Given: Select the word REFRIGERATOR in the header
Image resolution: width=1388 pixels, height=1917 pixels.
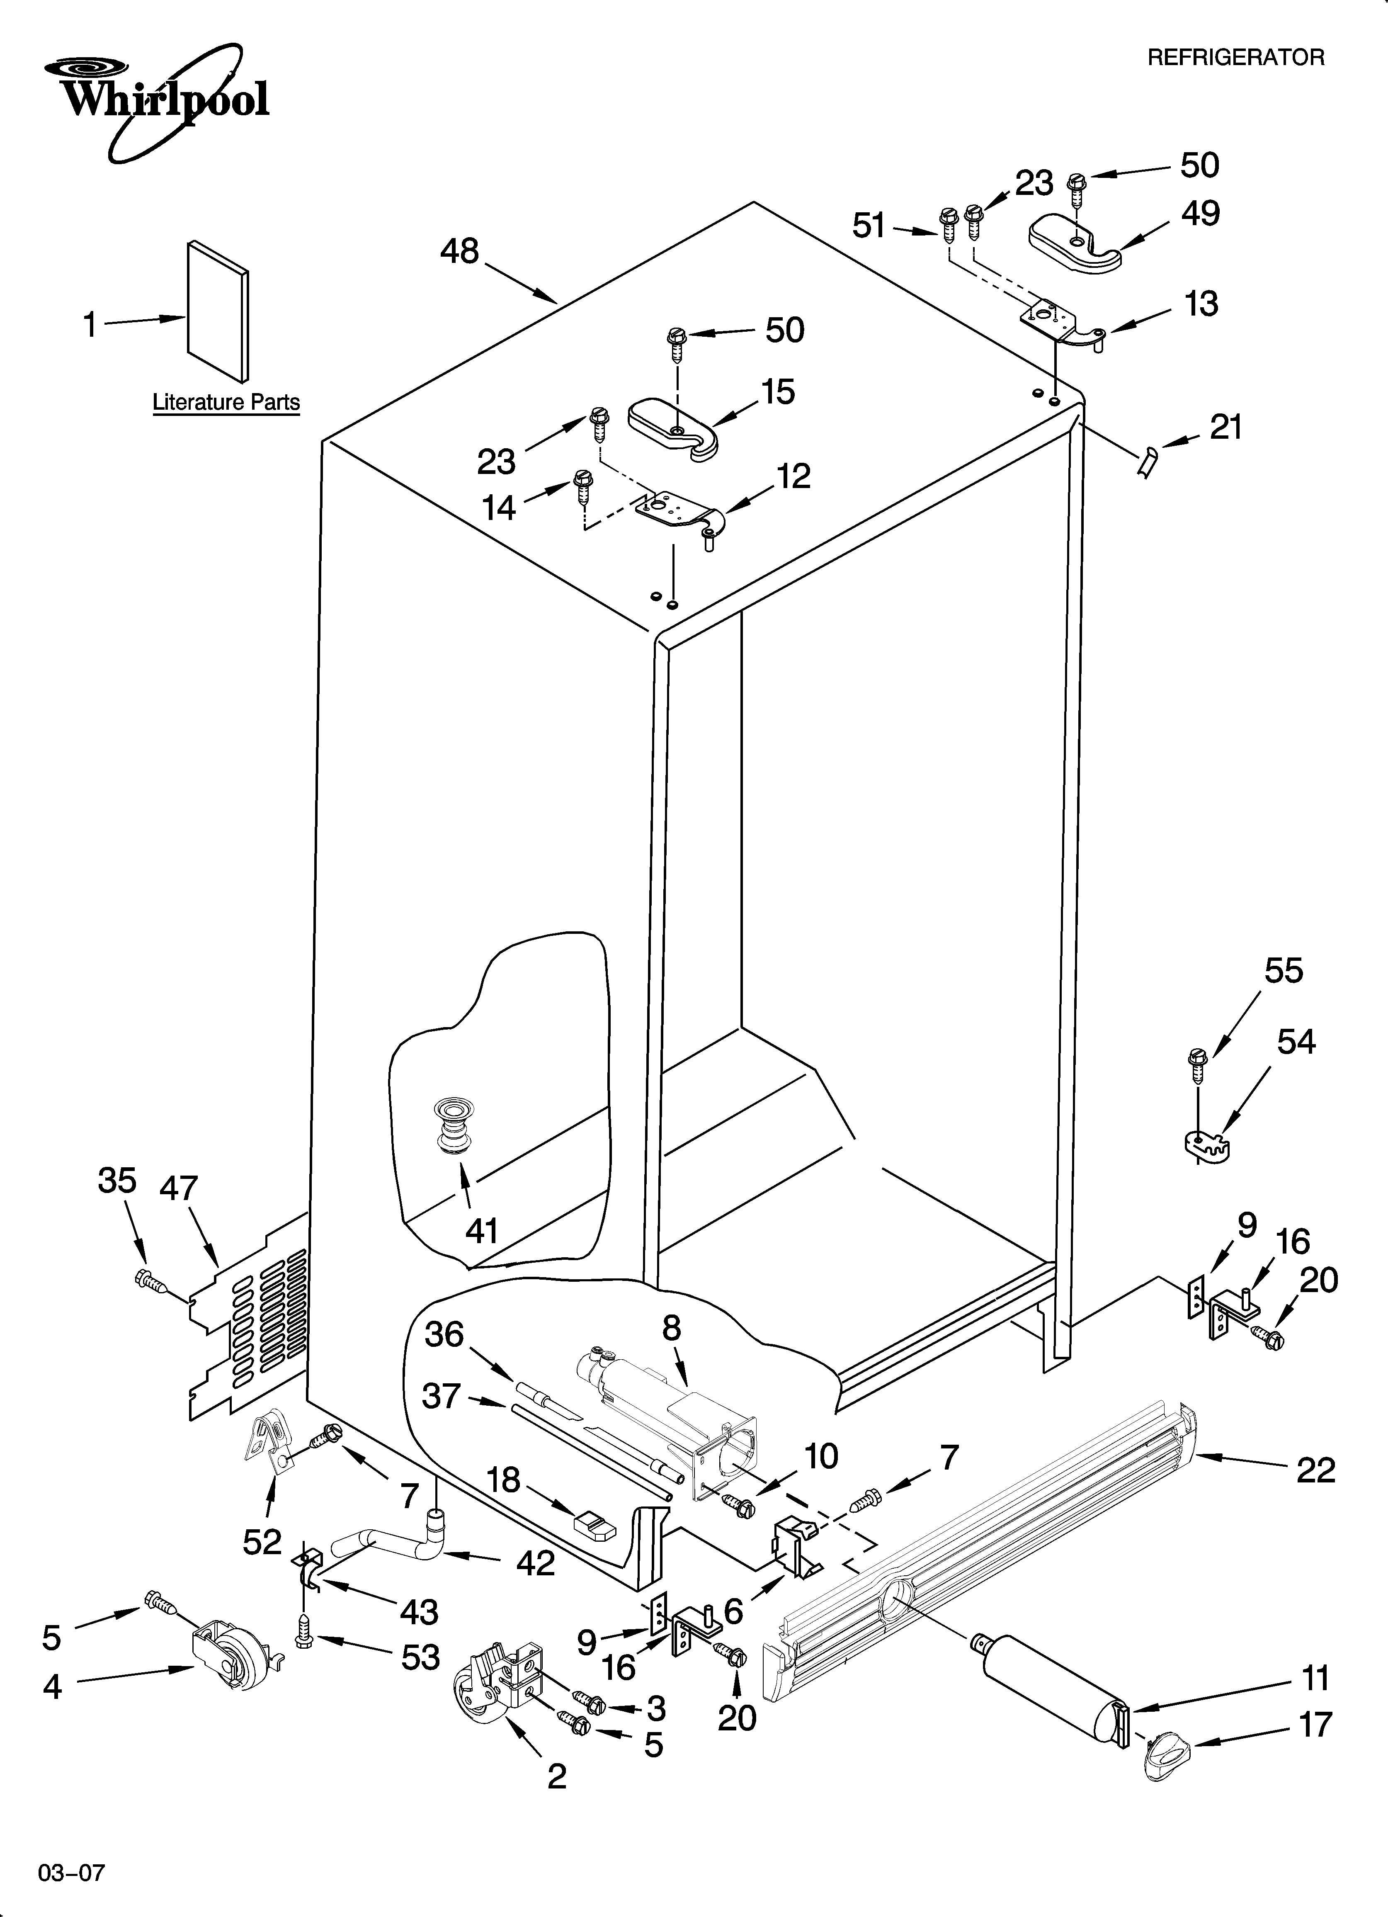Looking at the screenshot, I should coord(1235,58).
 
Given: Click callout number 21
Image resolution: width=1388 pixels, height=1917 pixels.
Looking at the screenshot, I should coord(1226,428).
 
